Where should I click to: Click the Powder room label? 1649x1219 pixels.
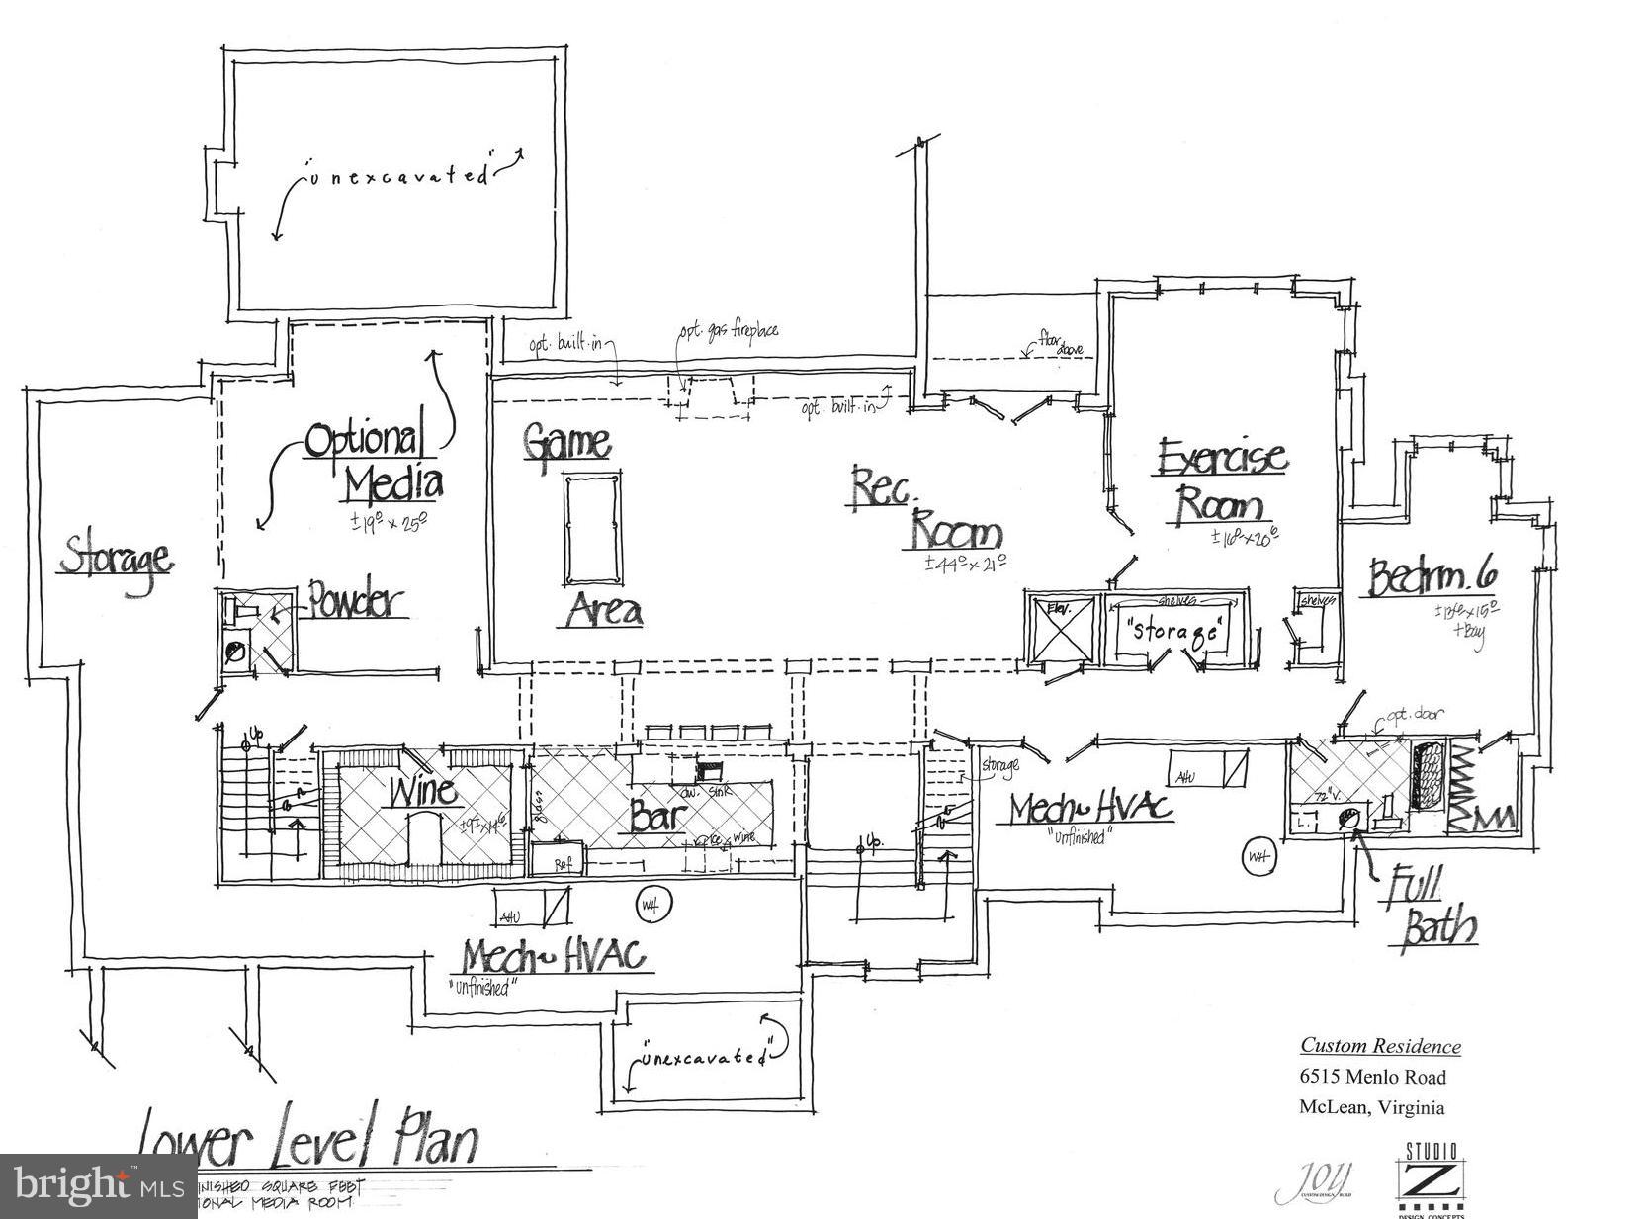click(355, 601)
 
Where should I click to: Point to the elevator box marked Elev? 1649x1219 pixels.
click(1062, 628)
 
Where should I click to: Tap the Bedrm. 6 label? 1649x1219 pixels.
click(1432, 577)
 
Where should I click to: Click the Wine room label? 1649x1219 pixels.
click(422, 791)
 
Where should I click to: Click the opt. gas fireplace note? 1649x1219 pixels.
click(728, 330)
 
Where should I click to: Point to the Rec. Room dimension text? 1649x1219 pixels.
click(965, 564)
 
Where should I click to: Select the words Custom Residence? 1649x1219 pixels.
click(1380, 1046)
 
